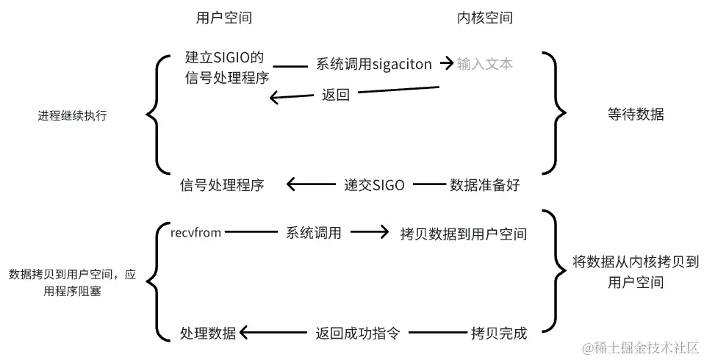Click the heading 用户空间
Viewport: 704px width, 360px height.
(x=219, y=18)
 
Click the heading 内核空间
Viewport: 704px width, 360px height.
(x=484, y=18)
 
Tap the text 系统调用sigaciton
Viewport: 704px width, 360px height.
(x=373, y=64)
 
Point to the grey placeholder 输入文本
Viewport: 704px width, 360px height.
(x=484, y=64)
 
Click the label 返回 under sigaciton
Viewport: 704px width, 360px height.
(x=335, y=95)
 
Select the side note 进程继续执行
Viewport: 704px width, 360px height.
(x=72, y=115)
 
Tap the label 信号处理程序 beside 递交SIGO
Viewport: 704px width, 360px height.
(x=221, y=185)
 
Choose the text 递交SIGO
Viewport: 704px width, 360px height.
(x=374, y=185)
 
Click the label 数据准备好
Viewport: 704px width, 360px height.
(x=484, y=185)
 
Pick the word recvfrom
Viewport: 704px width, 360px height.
(x=195, y=232)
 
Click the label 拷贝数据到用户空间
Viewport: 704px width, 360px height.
(x=464, y=234)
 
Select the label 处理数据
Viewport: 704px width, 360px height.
(x=208, y=332)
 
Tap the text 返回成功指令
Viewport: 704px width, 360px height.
(x=358, y=332)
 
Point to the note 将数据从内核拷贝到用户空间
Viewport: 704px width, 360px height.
(x=636, y=271)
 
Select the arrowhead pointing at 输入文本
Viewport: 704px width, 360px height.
(x=447, y=64)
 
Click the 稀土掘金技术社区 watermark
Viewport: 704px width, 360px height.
(x=640, y=347)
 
